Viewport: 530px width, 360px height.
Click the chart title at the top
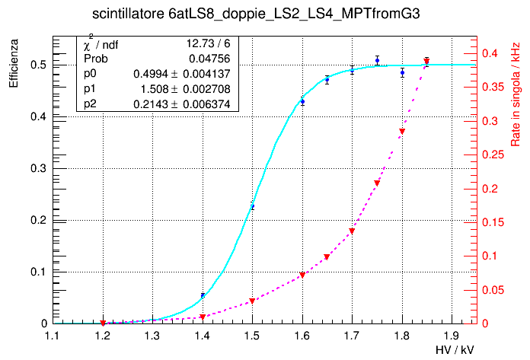[x=265, y=14]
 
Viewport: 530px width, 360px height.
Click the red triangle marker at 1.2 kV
[x=103, y=323]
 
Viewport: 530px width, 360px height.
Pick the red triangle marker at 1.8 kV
[x=402, y=132]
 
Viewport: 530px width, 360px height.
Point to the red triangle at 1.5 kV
[x=252, y=301]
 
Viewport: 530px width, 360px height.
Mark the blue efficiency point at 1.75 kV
[x=377, y=61]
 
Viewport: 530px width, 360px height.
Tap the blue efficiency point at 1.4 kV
[x=203, y=295]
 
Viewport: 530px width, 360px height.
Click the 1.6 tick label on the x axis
[x=302, y=335]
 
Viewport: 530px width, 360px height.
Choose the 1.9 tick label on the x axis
[x=452, y=335]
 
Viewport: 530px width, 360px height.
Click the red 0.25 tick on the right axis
[x=491, y=155]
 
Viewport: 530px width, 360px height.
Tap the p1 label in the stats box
[x=90, y=88]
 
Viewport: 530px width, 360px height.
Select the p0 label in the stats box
[x=90, y=74]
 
